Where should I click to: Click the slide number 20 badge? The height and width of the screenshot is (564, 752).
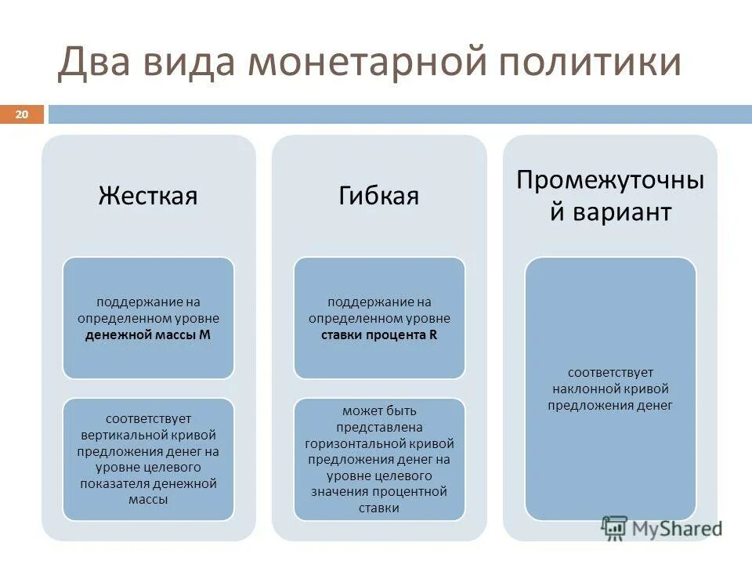click(21, 115)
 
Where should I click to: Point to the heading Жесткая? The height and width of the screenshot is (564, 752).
click(148, 195)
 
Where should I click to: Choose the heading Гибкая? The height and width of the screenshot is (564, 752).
click(378, 195)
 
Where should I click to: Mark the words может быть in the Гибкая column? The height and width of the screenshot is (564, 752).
click(379, 410)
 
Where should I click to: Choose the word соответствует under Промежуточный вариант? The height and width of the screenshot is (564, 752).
click(610, 372)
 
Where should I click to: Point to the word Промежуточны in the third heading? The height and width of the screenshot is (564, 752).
click(610, 180)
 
